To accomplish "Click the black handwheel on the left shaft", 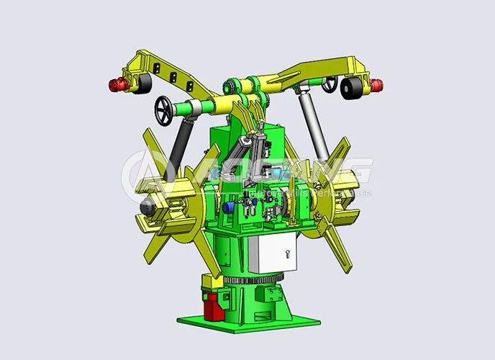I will point(165,110).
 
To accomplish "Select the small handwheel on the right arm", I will point(330,84).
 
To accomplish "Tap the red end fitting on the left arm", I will point(114,86).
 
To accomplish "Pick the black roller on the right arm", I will point(352,89).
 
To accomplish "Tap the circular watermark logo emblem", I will point(143,173).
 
